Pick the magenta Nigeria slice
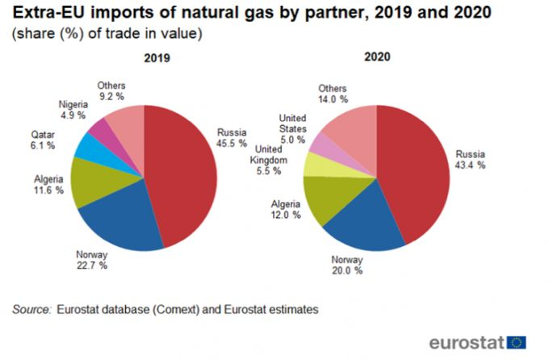click(x=104, y=128)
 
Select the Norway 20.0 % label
click(x=347, y=266)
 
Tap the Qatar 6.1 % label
click(x=43, y=140)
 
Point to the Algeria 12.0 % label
click(x=285, y=210)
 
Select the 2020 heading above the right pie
click(x=376, y=58)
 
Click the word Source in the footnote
click(x=30, y=308)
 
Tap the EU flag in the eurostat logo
click(x=517, y=341)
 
